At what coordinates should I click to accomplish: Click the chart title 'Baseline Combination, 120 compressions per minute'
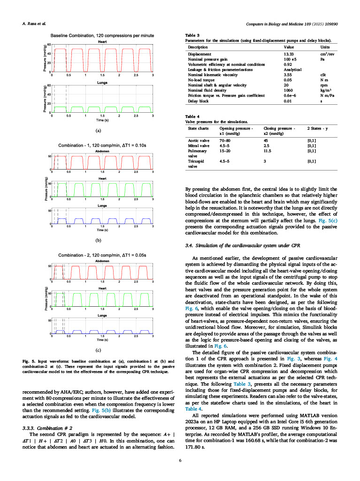click(x=102, y=36)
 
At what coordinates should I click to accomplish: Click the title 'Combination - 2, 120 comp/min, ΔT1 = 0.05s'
click(x=102, y=255)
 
